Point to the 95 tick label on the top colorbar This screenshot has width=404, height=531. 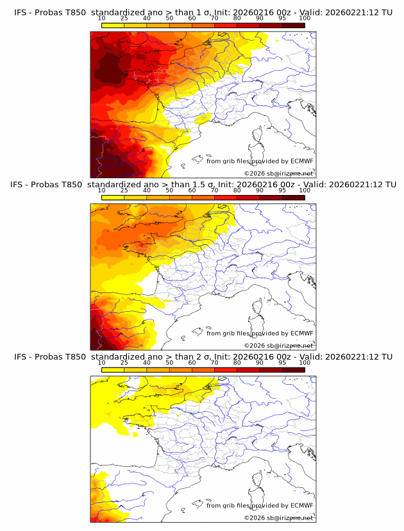click(282, 19)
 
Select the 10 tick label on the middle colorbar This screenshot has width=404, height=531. click(101, 190)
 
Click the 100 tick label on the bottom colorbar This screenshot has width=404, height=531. click(305, 362)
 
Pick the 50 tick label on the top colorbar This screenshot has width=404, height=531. click(169, 19)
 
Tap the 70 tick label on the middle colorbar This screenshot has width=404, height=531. click(214, 190)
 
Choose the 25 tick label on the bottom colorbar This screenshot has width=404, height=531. click(124, 362)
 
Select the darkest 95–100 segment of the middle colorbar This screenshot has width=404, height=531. click(293, 197)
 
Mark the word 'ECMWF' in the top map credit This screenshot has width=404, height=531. click(301, 162)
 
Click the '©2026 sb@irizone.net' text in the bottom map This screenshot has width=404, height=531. click(278, 518)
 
